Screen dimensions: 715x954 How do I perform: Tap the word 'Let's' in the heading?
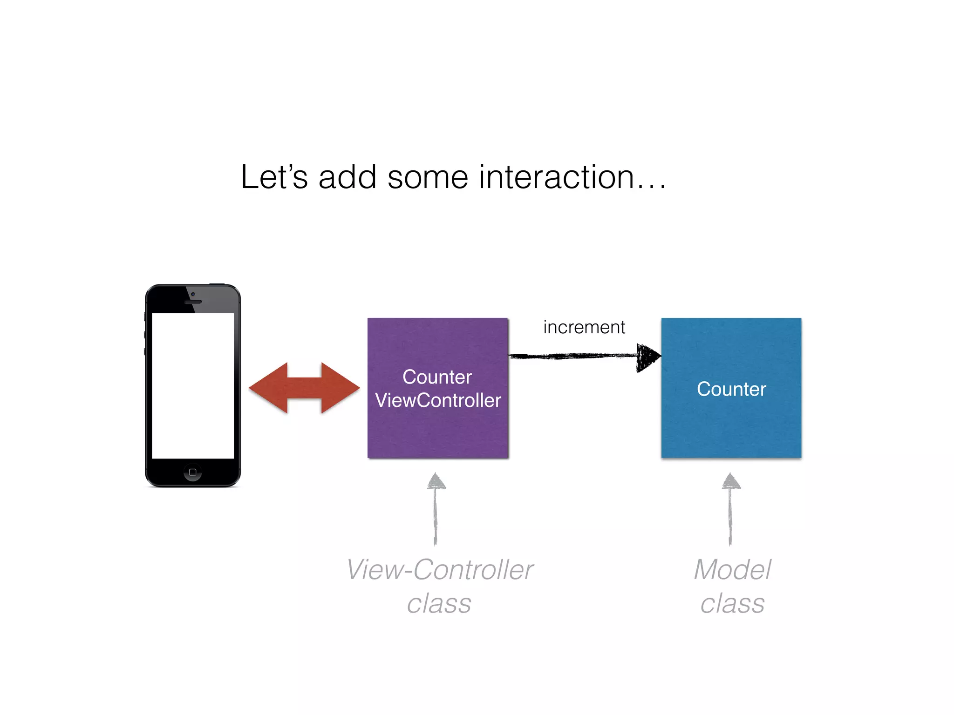tap(274, 177)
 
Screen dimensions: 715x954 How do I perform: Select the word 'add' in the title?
tap(347, 177)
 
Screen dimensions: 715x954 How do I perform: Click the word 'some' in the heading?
tap(427, 177)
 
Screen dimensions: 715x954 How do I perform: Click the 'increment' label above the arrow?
tap(584, 327)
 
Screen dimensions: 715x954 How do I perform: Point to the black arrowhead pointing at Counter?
tap(647, 357)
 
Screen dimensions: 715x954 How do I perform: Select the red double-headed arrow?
tap(304, 388)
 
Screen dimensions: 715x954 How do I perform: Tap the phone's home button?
tap(193, 472)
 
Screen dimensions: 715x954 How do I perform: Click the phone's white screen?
tap(193, 385)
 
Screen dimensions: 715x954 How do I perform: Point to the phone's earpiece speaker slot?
tap(193, 302)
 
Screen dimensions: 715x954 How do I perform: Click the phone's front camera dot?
tap(193, 294)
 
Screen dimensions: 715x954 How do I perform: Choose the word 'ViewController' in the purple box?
tap(438, 400)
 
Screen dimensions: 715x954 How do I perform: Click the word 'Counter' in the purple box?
tap(437, 377)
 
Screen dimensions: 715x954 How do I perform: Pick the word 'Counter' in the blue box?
tap(731, 389)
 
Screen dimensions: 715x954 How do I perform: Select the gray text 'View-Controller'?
tap(440, 570)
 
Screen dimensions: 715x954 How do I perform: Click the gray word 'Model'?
tap(732, 570)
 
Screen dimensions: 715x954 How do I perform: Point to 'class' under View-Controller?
tap(439, 604)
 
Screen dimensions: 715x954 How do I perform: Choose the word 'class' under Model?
tap(732, 604)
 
